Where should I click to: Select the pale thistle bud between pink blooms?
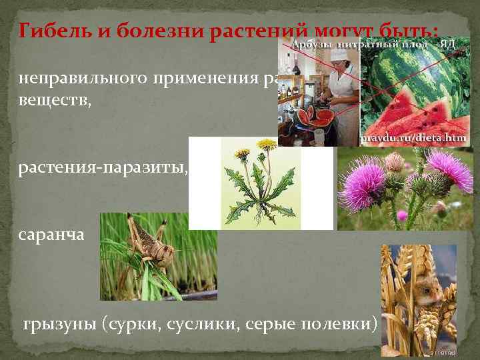[x=394, y=161]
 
